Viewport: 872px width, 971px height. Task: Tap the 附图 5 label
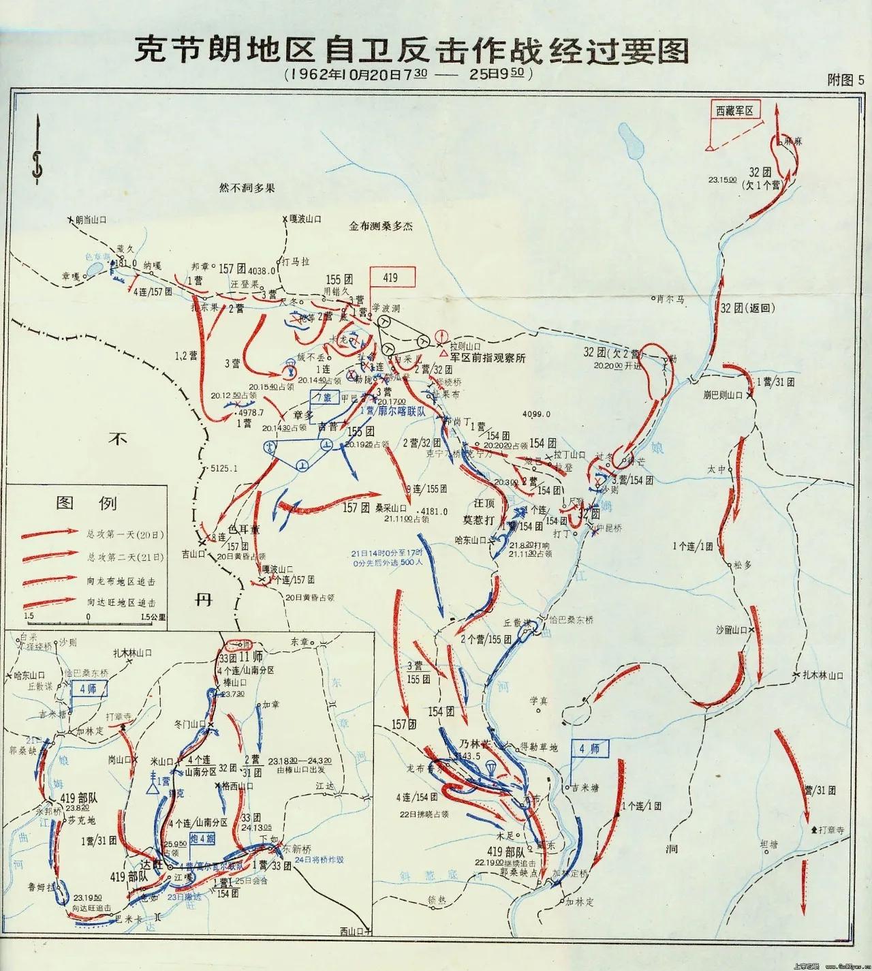845,79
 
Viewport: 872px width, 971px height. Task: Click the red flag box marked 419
392,277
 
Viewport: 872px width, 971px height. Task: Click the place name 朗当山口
91,219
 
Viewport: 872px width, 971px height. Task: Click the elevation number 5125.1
225,468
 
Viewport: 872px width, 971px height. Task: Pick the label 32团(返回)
748,308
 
